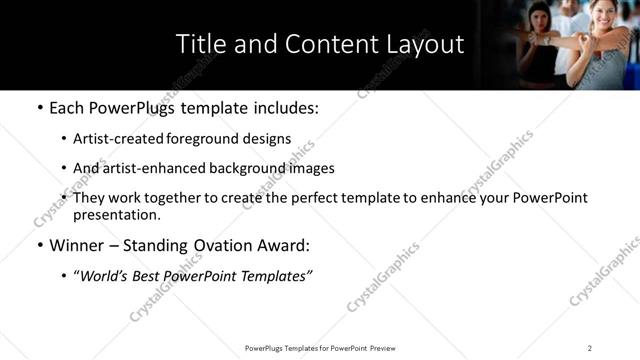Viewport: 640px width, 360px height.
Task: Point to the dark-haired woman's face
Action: click(x=539, y=21)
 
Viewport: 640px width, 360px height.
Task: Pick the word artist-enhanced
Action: click(x=147, y=168)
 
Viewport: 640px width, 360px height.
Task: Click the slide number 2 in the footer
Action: click(x=590, y=348)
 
